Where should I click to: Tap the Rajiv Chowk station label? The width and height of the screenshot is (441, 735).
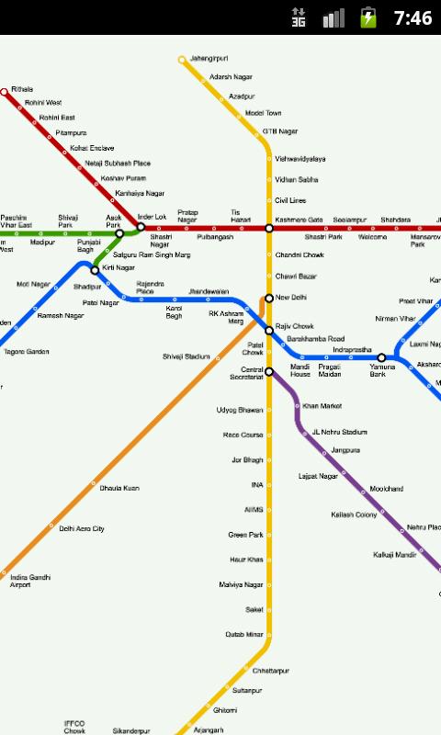pos(295,326)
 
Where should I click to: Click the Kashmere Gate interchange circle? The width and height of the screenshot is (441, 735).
pos(269,228)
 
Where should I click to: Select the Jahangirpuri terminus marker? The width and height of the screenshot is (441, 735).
pos(182,60)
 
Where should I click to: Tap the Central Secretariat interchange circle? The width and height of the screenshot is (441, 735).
pos(269,372)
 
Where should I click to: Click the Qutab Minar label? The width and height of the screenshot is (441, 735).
pos(244,634)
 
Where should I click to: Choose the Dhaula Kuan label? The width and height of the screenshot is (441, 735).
pos(119,488)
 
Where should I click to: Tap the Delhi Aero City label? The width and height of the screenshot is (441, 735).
pos(82,529)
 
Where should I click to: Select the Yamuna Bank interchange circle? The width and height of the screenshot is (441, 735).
pos(382,357)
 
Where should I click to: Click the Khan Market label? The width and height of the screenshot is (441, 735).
pos(322,405)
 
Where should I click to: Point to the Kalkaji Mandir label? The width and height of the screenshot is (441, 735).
pos(394,555)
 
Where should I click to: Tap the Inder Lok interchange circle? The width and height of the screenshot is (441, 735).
pos(141,226)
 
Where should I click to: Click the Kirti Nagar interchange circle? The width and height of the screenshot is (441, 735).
pos(95,270)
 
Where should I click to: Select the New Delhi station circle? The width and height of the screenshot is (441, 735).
pos(269,298)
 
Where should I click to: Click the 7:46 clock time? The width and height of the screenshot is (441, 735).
pos(413,17)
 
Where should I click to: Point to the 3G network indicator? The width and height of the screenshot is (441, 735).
pos(299,17)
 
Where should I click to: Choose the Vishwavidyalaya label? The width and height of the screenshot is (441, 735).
pos(300,159)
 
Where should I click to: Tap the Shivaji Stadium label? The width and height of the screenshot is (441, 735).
pos(187,356)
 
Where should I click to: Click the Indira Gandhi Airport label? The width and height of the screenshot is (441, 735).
pos(30,581)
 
